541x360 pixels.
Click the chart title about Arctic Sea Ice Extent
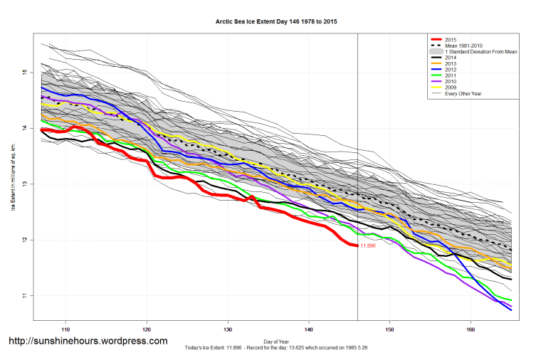(276, 22)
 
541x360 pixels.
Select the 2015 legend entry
(450, 40)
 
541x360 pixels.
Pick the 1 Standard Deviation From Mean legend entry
(478, 53)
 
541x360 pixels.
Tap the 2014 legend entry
(450, 60)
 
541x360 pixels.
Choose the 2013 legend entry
(450, 66)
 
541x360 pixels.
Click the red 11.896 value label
(368, 246)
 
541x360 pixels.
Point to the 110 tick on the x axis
(65, 330)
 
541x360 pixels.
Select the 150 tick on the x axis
(389, 330)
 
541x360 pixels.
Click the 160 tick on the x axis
(471, 330)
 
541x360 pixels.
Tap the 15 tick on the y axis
(23, 73)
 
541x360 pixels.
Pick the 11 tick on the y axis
(23, 296)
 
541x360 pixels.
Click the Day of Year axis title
(276, 341)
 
